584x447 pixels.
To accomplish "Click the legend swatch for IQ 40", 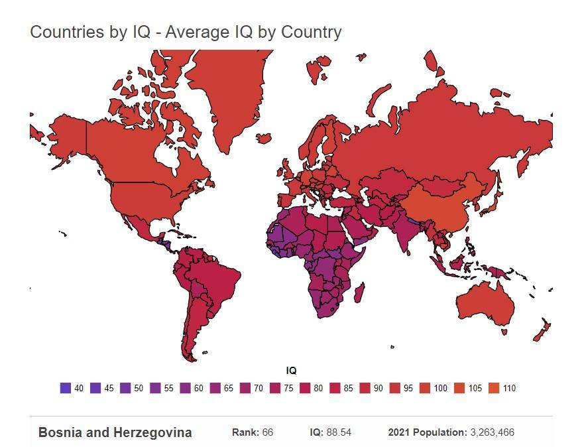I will (65, 388).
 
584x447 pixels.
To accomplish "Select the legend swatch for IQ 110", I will (493, 388).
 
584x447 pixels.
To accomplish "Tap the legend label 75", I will (288, 389).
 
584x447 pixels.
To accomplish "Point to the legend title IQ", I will (291, 370).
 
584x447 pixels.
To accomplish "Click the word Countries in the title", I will (65, 32).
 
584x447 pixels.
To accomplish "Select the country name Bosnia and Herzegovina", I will (115, 433).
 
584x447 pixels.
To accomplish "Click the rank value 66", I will (266, 433).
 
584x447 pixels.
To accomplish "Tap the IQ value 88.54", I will (339, 433).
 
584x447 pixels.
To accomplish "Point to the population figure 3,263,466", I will (492, 433).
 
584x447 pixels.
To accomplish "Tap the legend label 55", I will (168, 389).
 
